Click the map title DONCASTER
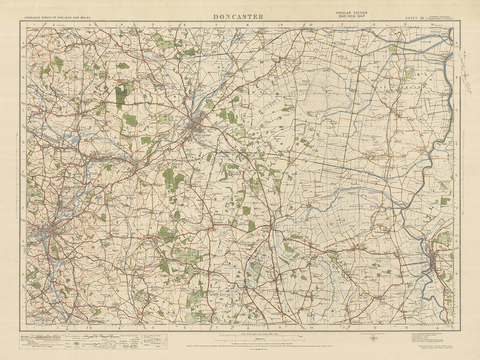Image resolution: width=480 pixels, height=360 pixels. [238, 17]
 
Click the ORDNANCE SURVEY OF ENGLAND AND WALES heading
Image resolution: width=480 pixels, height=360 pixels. [58, 18]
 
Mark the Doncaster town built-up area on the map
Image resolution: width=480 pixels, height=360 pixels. [197, 128]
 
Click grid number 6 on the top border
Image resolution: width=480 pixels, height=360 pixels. [185, 25]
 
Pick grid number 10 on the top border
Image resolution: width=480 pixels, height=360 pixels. [309, 25]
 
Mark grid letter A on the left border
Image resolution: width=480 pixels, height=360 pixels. [23, 44]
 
